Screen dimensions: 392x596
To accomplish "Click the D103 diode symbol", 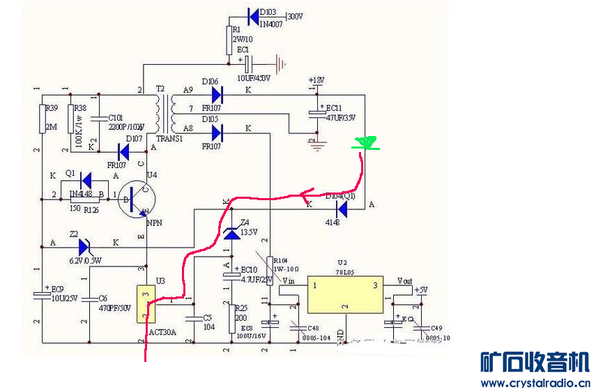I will tap(252, 13).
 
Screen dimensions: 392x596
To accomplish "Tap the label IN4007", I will tap(273, 24).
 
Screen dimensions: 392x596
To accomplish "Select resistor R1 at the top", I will tap(228, 40).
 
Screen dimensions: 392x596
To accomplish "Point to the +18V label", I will tap(316, 80).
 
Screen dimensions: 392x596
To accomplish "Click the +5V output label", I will tap(421, 289).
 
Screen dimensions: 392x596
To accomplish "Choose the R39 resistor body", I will tap(41, 118).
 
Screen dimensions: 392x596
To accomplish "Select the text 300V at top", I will tap(295, 15).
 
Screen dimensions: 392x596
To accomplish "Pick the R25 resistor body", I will tap(231, 318).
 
